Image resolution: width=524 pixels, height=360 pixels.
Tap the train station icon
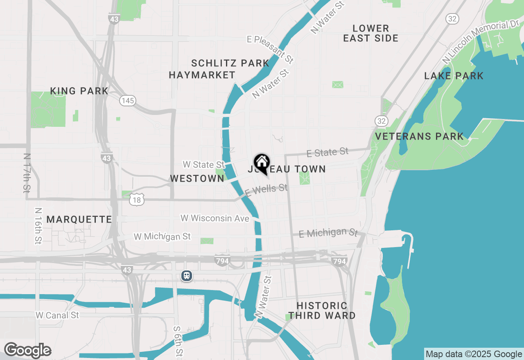coord(187,276)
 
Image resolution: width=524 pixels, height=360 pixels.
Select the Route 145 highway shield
coord(128,100)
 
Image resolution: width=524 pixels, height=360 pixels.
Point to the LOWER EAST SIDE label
coord(371,33)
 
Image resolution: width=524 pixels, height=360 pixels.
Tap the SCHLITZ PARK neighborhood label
coord(230,63)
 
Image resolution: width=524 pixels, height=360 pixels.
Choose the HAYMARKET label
coord(202,75)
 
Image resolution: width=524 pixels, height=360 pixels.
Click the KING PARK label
coord(79,91)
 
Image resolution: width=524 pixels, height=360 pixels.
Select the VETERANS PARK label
coord(420,136)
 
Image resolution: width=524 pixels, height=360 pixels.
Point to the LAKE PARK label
coord(454,76)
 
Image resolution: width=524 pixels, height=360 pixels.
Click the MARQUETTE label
coord(79,219)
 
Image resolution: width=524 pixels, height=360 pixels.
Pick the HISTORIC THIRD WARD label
coord(322,310)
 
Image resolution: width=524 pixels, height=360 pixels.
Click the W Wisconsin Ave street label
coord(215,218)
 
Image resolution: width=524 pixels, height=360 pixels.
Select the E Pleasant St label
coord(271,49)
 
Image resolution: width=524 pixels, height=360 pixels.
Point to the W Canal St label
coord(57,315)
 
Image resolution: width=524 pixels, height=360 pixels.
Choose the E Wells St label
coord(267,189)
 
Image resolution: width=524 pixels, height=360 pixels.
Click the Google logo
coord(27,350)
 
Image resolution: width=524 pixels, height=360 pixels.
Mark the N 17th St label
coord(27,173)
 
